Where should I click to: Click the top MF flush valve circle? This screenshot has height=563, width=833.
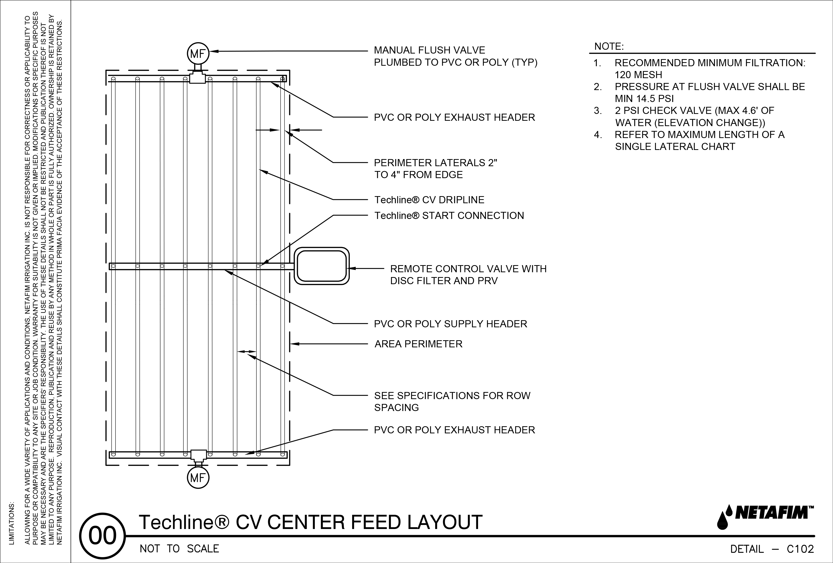click(198, 54)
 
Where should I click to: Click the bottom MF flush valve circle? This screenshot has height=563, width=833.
click(198, 478)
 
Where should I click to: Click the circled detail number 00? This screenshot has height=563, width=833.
click(103, 536)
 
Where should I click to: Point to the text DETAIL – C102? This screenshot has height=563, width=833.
click(772, 549)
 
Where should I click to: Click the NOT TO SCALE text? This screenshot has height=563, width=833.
click(179, 549)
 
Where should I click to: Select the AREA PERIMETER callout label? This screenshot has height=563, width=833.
click(418, 344)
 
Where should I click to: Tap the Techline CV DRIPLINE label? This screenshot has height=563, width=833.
click(429, 200)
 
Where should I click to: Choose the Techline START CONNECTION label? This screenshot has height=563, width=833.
click(449, 216)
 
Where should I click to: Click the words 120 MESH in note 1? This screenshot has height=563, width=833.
click(638, 75)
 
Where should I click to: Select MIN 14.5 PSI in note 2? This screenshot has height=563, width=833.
click(644, 98)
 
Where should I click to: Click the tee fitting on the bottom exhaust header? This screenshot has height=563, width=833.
click(198, 455)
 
